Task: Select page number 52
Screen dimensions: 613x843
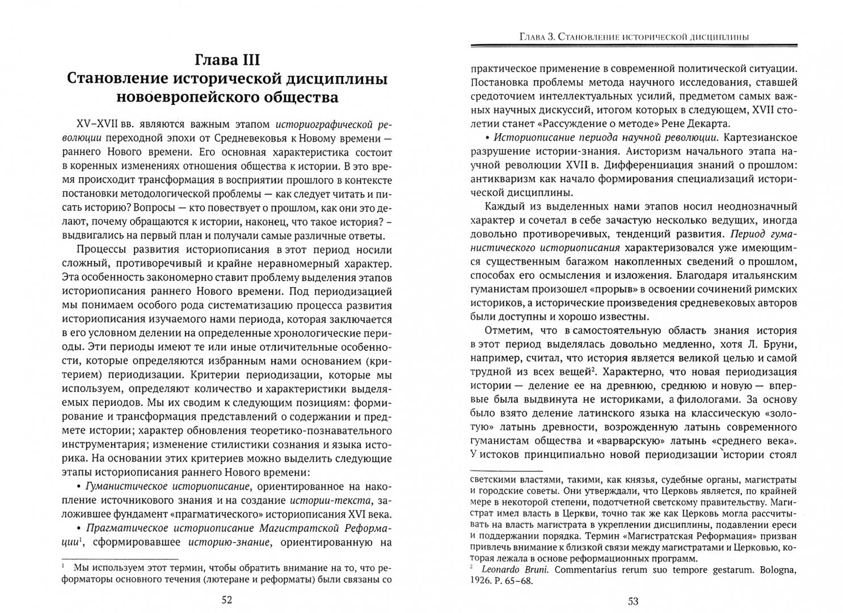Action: pos(226,601)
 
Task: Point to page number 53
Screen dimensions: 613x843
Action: pos(634,601)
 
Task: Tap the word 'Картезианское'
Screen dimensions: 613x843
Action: pos(759,138)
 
